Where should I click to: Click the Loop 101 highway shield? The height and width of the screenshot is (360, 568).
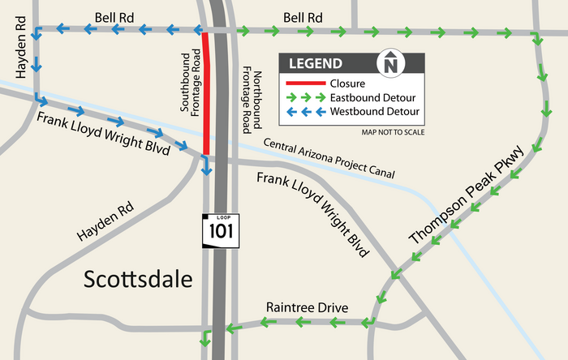tap(218, 229)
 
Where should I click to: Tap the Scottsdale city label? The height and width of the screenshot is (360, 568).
tap(139, 280)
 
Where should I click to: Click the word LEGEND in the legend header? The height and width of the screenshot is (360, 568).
tap(316, 63)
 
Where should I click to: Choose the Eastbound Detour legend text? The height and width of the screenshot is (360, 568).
tap(368, 97)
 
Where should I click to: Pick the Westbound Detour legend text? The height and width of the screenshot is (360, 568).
tap(370, 111)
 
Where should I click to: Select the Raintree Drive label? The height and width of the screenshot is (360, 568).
tap(307, 308)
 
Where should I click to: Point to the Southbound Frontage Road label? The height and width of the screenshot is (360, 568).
tap(191, 84)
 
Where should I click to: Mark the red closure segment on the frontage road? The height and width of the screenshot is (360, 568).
tap(206, 93)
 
